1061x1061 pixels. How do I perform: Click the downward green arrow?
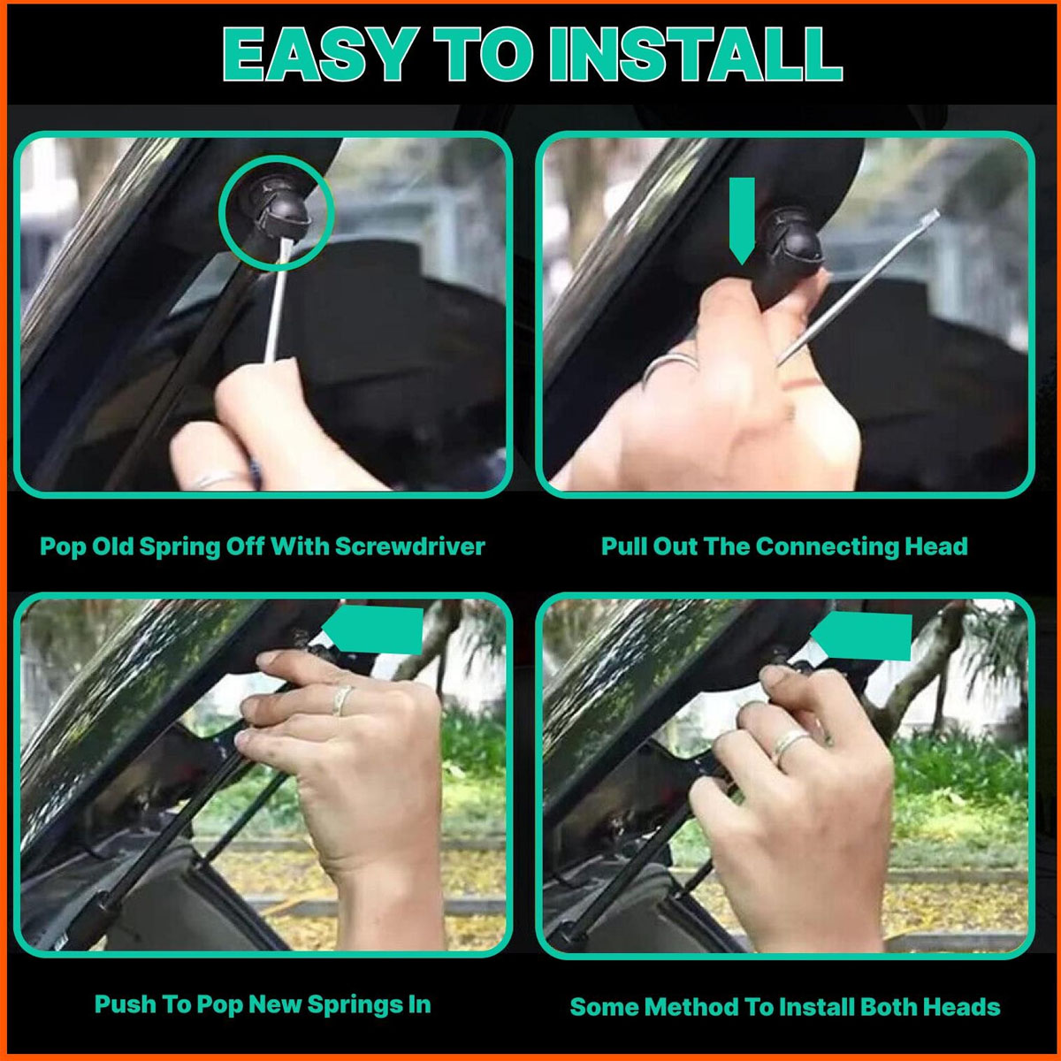[x=742, y=220]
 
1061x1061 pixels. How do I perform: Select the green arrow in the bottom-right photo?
[x=861, y=635]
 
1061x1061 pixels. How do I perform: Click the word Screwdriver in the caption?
[x=409, y=546]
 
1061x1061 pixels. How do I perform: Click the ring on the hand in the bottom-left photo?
[x=342, y=699]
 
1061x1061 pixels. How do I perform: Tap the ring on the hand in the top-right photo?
[x=669, y=364]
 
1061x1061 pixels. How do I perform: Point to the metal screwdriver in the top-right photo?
[x=858, y=286]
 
